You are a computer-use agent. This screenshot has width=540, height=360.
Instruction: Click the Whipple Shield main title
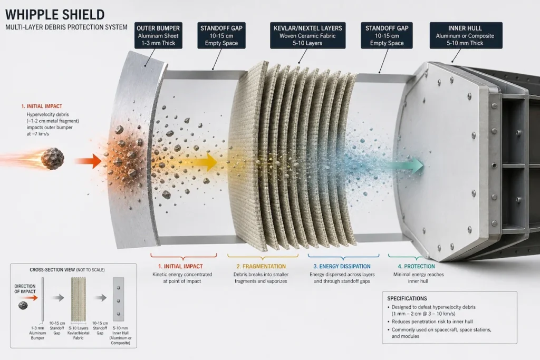coord(55,14)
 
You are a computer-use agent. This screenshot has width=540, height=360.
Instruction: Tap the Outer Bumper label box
coord(158,35)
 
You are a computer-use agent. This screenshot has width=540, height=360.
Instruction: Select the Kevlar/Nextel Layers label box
coord(307,35)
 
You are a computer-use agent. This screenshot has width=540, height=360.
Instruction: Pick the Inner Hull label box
coord(466,35)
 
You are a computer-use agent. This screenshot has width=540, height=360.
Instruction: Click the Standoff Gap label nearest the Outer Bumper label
coord(221,35)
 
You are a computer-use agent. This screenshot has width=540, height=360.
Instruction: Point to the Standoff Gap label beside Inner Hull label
coord(387,35)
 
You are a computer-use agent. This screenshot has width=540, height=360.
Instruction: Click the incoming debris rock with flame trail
coord(52,159)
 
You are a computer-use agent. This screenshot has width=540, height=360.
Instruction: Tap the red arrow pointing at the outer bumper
coord(88,161)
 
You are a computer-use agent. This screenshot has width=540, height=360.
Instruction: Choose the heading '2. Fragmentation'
coord(261,266)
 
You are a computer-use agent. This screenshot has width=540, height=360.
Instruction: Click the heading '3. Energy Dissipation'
coord(342,266)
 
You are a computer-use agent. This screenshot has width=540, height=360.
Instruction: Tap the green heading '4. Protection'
coord(417,266)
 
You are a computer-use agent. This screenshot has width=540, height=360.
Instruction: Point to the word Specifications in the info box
coord(407,298)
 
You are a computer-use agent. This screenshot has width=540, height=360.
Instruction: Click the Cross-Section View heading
coord(67,270)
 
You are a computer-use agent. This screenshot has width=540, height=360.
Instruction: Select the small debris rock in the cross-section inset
coord(23,305)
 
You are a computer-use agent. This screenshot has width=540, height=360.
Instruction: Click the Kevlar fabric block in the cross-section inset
coord(78,299)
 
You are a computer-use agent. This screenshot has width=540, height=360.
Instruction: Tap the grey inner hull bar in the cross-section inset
coord(119,299)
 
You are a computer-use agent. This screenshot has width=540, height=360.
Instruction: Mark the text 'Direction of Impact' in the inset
coord(25,289)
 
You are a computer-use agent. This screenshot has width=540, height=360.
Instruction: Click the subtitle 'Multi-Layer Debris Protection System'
coord(66,27)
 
